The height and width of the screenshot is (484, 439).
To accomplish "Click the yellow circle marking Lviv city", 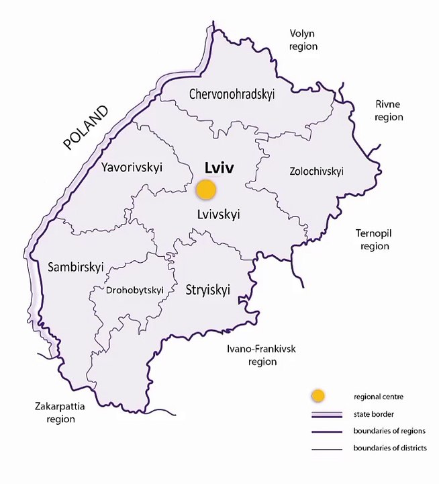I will pyautogui.click(x=206, y=190).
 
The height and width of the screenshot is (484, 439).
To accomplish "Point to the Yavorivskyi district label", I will pyautogui.click(x=132, y=167).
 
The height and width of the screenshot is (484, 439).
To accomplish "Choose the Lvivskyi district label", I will pyautogui.click(x=219, y=214).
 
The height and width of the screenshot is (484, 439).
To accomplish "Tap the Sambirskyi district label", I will pyautogui.click(x=76, y=267).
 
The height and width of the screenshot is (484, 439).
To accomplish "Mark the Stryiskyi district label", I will pyautogui.click(x=207, y=290).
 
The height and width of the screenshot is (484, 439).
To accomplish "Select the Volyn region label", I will pyautogui.click(x=303, y=40).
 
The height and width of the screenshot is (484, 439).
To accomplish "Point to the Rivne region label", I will pyautogui.click(x=389, y=110).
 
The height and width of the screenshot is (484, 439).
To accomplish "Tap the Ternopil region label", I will pyautogui.click(x=375, y=239).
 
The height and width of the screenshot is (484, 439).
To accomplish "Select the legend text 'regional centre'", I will pyautogui.click(x=376, y=396).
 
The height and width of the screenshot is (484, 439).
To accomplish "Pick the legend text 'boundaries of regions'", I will pyautogui.click(x=389, y=431).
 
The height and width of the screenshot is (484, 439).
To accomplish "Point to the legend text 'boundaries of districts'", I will pyautogui.click(x=389, y=448).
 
